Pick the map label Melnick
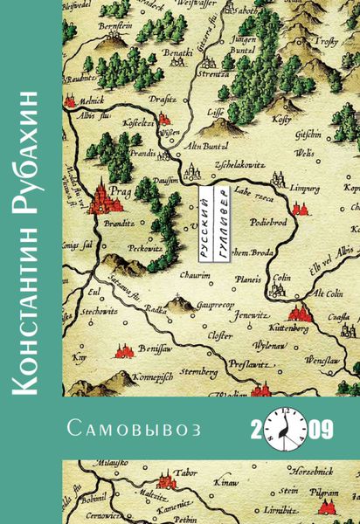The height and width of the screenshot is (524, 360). point(81,100)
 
